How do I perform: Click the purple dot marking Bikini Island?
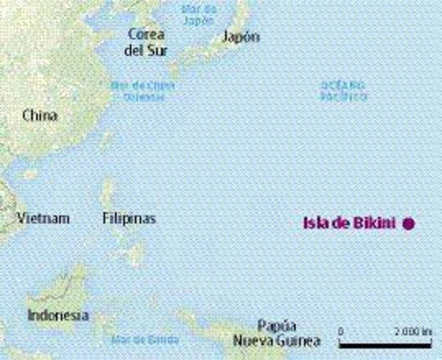408,224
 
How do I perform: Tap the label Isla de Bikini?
349,223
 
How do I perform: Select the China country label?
40,116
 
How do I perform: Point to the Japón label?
241,37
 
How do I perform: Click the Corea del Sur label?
146,42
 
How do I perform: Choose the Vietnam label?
43,218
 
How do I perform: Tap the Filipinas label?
129,218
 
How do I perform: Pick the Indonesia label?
58,315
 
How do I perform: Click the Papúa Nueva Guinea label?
277,333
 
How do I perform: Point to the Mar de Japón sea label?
199,15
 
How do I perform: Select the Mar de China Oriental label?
143,91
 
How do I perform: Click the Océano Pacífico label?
343,91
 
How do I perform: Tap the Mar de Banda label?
145,340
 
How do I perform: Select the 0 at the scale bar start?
341,332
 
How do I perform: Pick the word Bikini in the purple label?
374,223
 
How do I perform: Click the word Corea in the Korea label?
146,34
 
